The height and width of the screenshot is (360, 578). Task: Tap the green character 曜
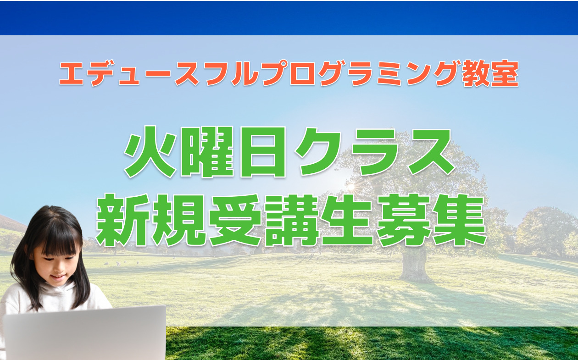tap(207, 152)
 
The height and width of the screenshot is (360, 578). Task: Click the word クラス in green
tap(375, 152)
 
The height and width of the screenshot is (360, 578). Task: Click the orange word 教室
tap(490, 73)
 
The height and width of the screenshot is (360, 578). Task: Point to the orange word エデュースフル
tap(160, 73)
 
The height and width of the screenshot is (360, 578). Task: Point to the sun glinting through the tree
tap(351, 187)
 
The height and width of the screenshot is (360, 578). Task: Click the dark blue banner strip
tap(289, 18)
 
